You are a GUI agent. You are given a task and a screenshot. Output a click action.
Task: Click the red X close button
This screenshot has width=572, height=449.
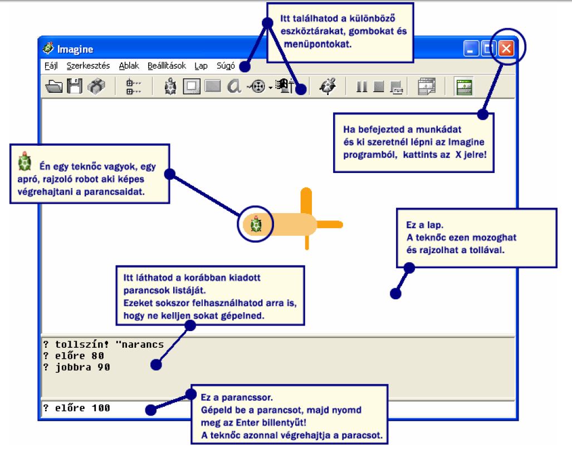[x=506, y=48]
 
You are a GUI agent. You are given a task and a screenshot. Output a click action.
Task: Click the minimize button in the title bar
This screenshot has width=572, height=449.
[x=471, y=48]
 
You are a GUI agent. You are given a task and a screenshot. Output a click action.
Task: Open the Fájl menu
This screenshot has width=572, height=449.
[x=51, y=66]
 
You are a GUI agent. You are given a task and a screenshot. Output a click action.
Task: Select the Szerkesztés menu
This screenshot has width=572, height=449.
[x=88, y=66]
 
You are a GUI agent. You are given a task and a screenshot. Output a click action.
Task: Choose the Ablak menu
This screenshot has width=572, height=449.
[x=129, y=66]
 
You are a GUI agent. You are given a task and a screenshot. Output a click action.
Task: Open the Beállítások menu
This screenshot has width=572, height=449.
[x=167, y=66]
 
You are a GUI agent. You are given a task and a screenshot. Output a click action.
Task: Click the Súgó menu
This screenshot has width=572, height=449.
[x=226, y=66]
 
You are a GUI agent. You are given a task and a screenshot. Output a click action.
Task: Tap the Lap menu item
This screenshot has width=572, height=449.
[x=201, y=66]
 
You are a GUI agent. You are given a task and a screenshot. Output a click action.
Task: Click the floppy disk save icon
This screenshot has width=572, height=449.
[x=75, y=86]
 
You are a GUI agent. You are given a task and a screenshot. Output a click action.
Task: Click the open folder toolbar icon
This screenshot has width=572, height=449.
[x=54, y=86]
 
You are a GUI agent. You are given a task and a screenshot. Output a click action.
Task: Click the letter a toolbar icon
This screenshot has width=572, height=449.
[x=234, y=86]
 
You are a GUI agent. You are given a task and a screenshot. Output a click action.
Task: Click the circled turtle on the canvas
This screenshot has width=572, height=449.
[x=256, y=224]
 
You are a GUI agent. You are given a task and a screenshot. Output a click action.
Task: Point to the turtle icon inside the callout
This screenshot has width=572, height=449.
[x=25, y=161]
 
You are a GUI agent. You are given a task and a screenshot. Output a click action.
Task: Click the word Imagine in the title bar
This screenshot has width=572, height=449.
[x=75, y=49]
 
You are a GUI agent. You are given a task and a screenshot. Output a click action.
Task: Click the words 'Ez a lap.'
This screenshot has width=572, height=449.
[x=424, y=225]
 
